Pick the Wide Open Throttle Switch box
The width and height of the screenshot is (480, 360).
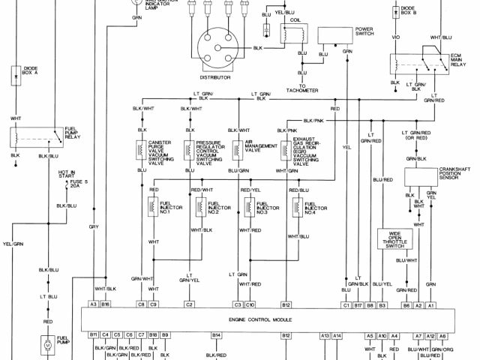tap(394, 239)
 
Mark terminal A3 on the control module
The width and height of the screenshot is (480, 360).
tap(94, 305)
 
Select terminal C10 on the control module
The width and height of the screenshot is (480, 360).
tap(250, 305)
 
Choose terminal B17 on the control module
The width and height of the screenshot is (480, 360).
tap(358, 305)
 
